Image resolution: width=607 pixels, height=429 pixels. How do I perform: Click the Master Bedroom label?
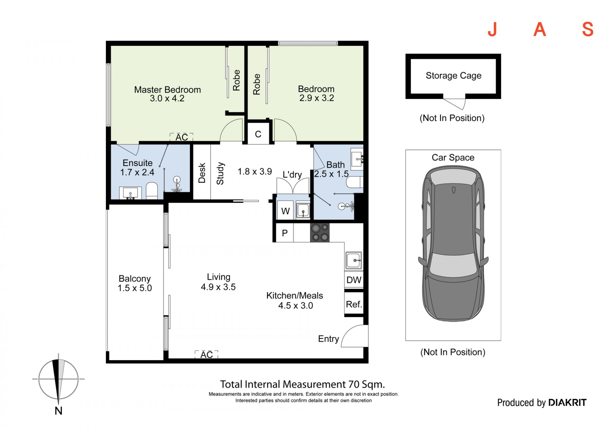coord(167,89)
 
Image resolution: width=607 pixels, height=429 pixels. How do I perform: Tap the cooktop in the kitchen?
coord(320,233)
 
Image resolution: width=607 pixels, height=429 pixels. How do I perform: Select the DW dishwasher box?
coord(354,280)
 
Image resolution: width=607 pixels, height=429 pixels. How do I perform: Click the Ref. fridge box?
coord(354,304)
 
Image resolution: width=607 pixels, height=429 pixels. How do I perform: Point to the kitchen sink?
coord(353,260)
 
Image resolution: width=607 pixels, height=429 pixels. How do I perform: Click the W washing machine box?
coord(285,211)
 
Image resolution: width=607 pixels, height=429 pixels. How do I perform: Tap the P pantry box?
coord(285,233)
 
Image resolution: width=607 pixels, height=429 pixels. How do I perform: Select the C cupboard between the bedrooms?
coord(258,134)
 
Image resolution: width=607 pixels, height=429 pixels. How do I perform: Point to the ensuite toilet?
coord(152,191)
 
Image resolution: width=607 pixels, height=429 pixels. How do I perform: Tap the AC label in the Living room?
coord(206,355)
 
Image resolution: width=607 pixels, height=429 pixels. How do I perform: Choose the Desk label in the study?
coord(202,173)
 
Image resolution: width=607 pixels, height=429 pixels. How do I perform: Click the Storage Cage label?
coord(453,76)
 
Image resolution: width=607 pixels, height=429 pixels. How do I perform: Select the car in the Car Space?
coord(453,244)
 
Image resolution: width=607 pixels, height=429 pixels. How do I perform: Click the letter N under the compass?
coord(58,411)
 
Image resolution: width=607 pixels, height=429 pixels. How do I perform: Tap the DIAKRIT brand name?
coord(567,402)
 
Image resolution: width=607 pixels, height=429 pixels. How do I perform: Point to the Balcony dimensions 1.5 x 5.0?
coord(135,288)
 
